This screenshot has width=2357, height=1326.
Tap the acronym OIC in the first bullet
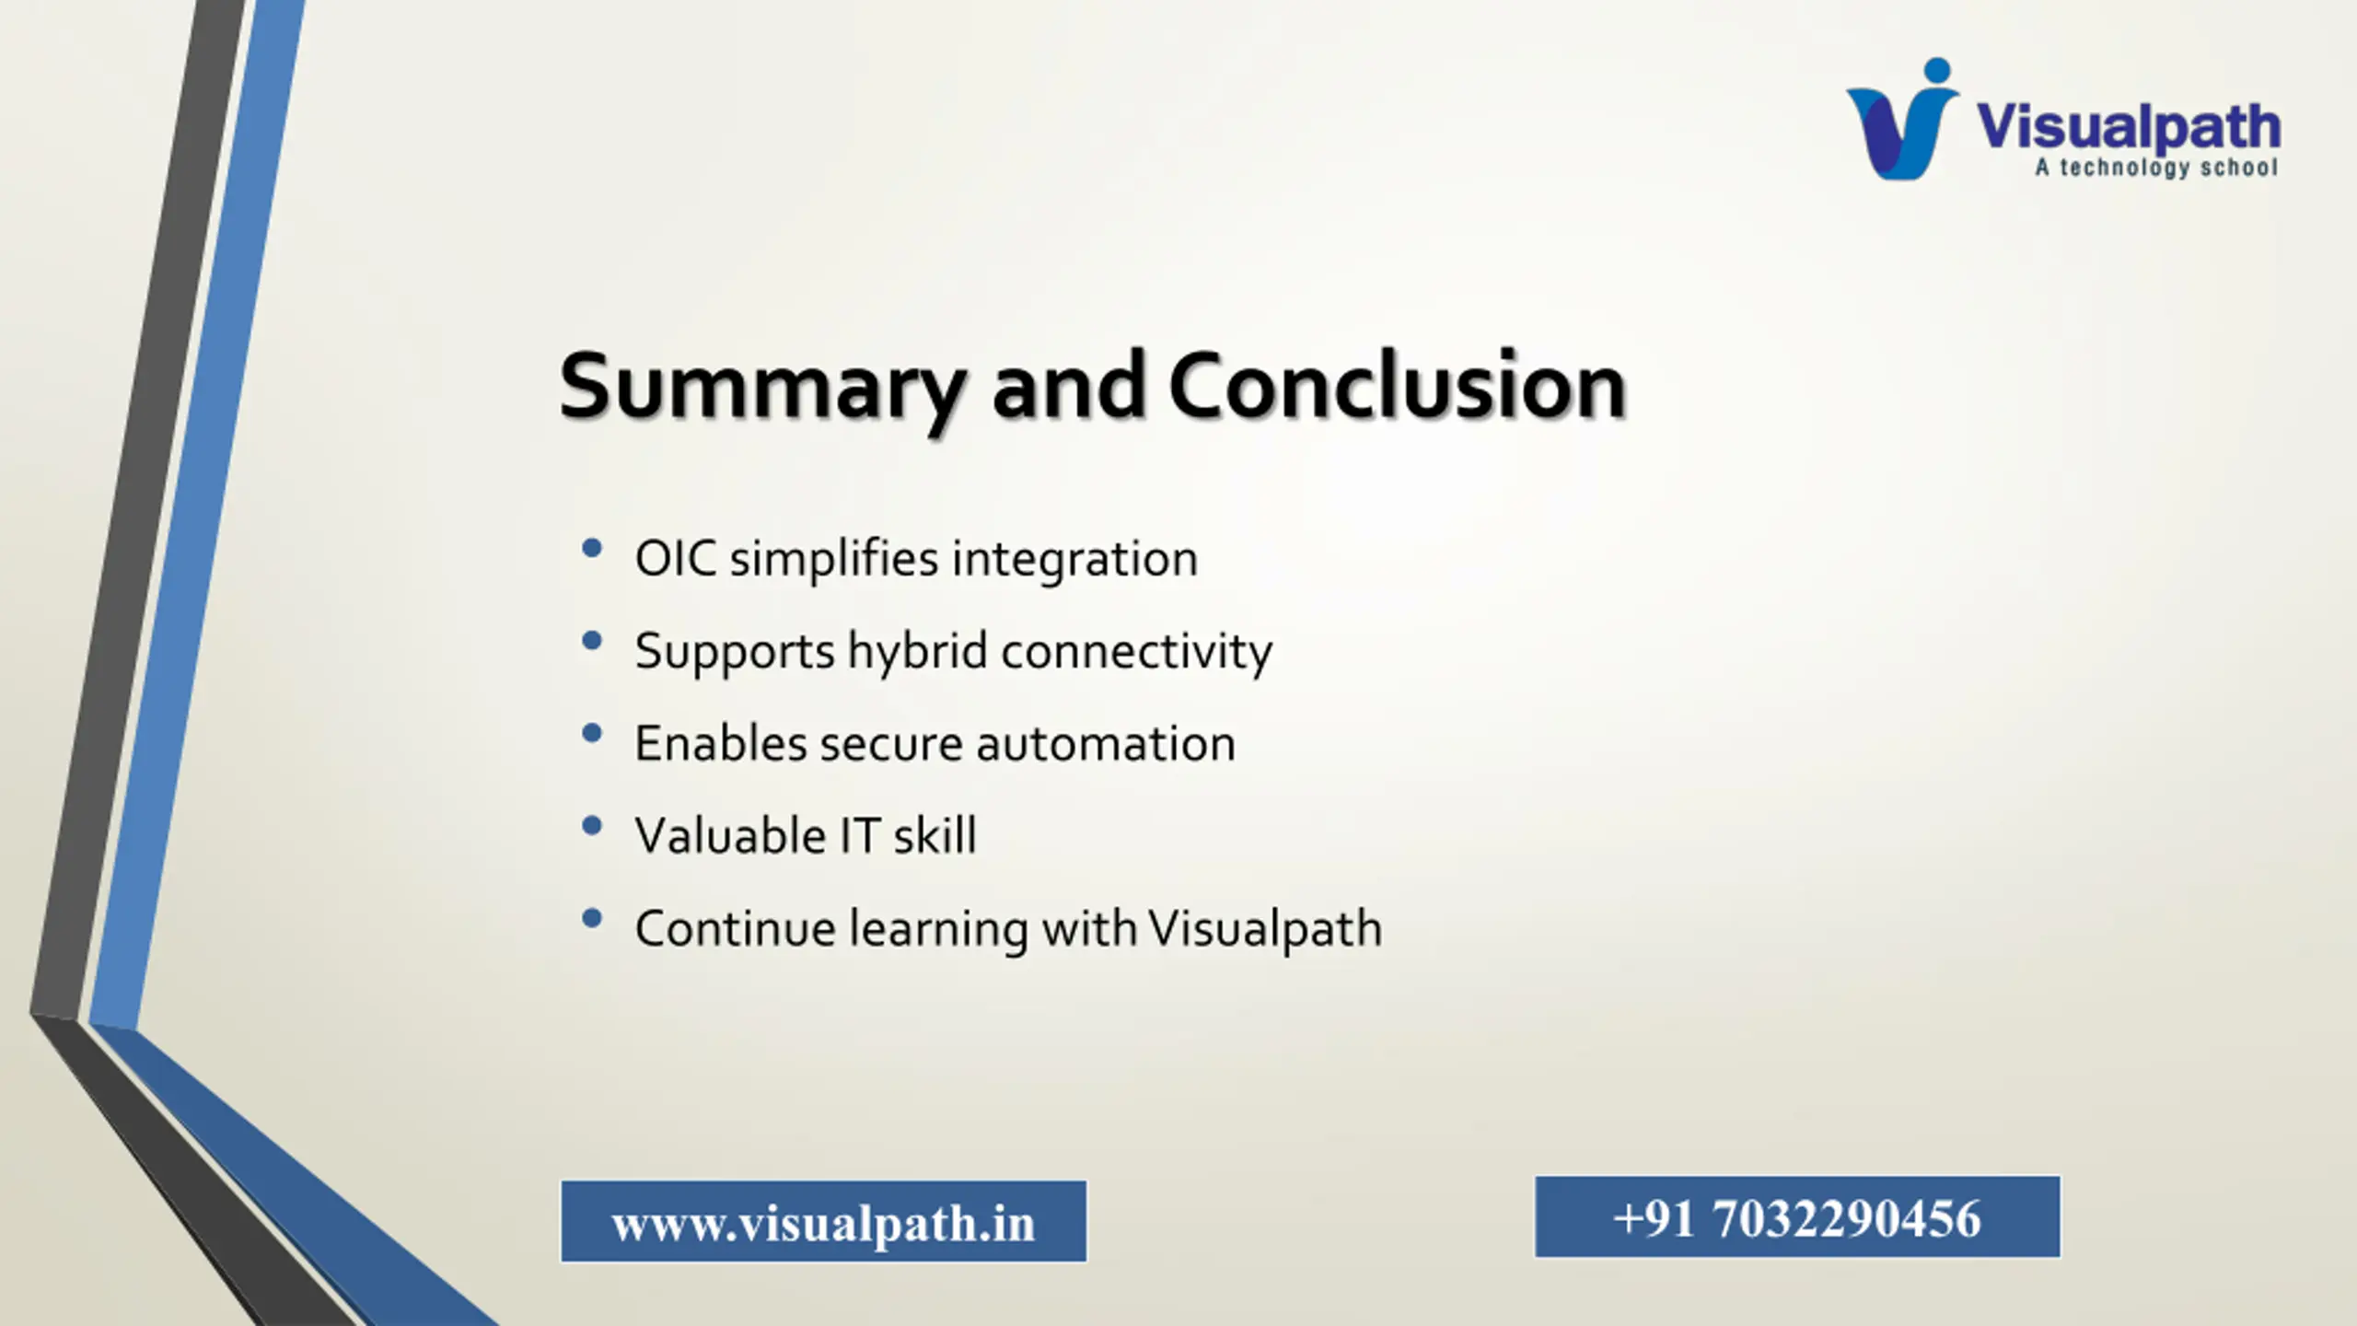pyautogui.click(x=676, y=559)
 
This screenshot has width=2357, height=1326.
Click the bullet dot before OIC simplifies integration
pyautogui.click(x=592, y=549)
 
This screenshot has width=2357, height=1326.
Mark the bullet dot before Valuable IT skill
pyautogui.click(x=592, y=826)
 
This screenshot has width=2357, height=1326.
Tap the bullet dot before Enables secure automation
pyautogui.click(x=592, y=734)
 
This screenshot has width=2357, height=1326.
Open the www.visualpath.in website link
pyautogui.click(x=823, y=1223)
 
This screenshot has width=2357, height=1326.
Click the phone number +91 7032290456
pyautogui.click(x=1796, y=1218)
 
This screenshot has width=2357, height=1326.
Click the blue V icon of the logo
pyautogui.click(x=1902, y=120)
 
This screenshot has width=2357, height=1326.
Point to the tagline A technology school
pyautogui.click(x=2156, y=168)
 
